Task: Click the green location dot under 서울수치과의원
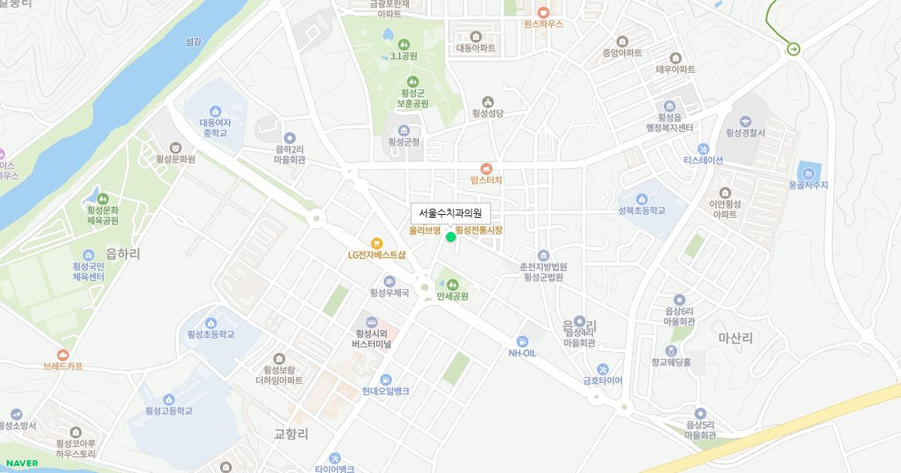[x=450, y=237]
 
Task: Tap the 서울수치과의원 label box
[x=450, y=213]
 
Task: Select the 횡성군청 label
[x=404, y=141]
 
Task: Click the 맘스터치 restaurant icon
[x=487, y=168]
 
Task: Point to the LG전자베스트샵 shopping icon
[x=377, y=243]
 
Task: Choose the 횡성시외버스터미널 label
[x=372, y=339]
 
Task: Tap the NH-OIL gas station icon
[x=523, y=342]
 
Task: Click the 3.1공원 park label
[x=403, y=56]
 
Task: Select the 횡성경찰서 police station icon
[x=745, y=121]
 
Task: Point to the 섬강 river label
[x=193, y=42]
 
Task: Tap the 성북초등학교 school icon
[x=642, y=199]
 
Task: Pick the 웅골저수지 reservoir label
[x=808, y=185]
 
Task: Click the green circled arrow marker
[x=794, y=50]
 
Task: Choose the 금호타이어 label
[x=603, y=381]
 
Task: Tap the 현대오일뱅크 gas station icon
[x=385, y=379]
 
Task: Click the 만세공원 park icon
[x=452, y=284]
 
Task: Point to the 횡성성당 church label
[x=488, y=114]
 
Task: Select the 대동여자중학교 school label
[x=215, y=128]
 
